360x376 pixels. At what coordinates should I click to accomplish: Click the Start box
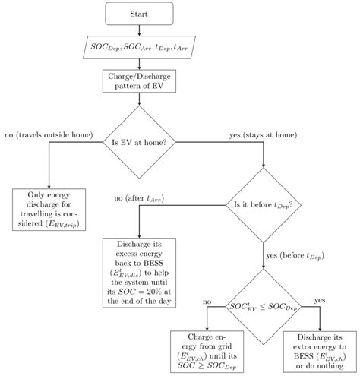coord(139,14)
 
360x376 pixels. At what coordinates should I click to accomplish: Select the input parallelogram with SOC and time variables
coord(139,47)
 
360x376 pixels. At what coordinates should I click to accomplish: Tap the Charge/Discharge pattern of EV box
coord(139,81)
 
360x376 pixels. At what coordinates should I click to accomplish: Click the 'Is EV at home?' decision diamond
coord(139,142)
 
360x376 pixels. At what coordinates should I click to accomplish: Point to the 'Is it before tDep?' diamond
coord(264,205)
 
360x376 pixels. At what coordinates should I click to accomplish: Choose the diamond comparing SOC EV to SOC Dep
coord(264,307)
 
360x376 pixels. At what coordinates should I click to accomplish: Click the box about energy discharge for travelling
coord(49,210)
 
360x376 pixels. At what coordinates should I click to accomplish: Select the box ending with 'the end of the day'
coord(139,273)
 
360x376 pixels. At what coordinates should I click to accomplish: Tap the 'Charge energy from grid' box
coord(207,352)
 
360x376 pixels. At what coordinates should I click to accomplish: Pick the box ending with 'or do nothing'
coord(320,352)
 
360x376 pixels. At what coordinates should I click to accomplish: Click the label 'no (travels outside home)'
coord(49,135)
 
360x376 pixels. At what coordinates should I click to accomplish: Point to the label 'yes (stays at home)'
coord(264,135)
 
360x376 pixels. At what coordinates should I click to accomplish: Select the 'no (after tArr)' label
coord(139,198)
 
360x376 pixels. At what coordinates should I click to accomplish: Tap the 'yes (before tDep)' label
coord(295,256)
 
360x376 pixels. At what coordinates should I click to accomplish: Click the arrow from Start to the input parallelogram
coord(139,30)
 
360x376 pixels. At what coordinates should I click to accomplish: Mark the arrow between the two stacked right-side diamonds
coord(264,256)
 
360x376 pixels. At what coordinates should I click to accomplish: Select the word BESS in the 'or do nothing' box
coord(303,356)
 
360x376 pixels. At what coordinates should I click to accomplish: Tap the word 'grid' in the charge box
coord(224,346)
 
